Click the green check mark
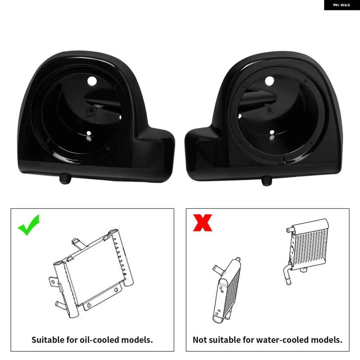[x=28, y=226]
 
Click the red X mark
[x=202, y=222]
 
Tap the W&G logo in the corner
[x=342, y=5]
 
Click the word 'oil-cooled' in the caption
[x=99, y=340]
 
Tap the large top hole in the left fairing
[x=92, y=81]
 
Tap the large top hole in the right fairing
[x=270, y=81]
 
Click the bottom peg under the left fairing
[x=65, y=179]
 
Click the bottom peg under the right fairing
[x=266, y=181]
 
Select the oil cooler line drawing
[x=91, y=273]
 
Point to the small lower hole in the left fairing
[x=89, y=133]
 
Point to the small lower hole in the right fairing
[x=272, y=132]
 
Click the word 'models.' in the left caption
[x=137, y=340]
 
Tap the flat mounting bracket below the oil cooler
[x=102, y=297]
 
